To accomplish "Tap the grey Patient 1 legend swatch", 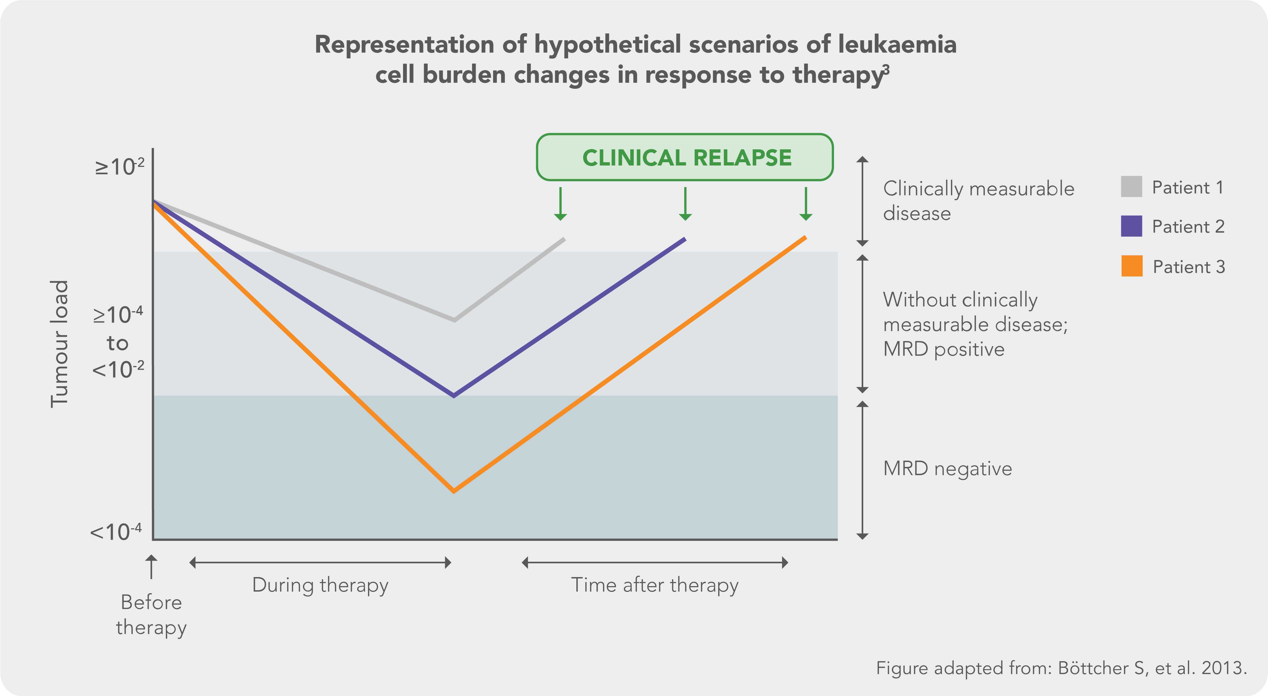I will (1131, 187).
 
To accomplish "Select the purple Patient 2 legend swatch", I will (1131, 226).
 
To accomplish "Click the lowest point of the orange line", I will (453, 490).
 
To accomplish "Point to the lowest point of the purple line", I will (453, 395).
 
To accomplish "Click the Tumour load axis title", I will (59, 344).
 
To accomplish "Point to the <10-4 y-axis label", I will (116, 532).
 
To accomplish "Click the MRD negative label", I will (947, 469).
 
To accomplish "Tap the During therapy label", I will (320, 585).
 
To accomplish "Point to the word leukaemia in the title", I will (897, 44).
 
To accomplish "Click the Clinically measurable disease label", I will (978, 201).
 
